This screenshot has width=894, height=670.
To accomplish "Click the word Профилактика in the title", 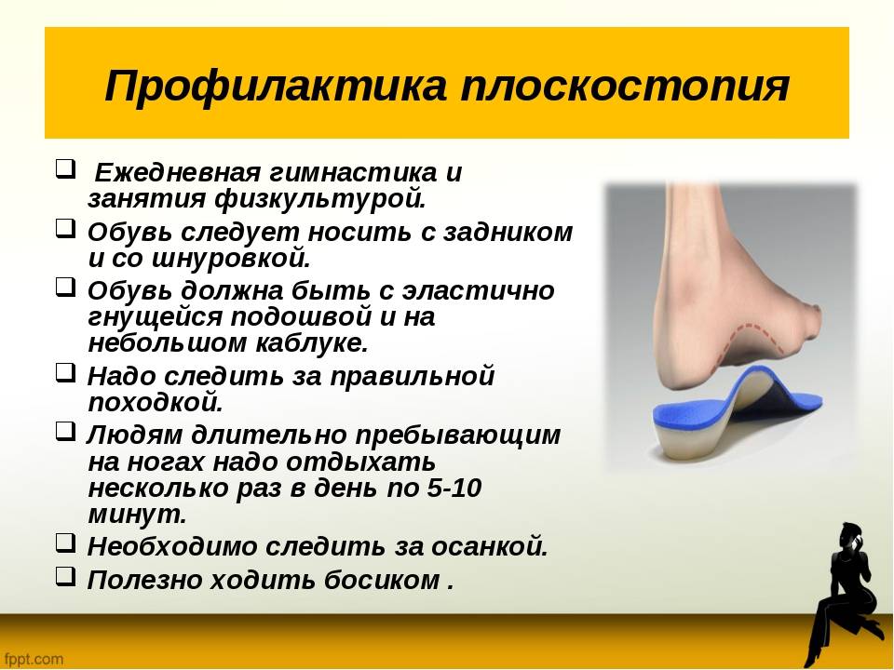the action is [276, 86].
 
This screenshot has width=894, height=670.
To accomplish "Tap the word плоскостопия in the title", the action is [625, 86].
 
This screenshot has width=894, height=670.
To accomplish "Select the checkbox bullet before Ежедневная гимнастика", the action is [65, 169].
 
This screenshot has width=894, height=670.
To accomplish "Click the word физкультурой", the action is [321, 198].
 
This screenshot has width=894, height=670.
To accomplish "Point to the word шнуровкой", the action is [232, 258].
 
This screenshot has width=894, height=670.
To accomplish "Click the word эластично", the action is [479, 290].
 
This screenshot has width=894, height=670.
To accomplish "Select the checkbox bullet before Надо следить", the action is [65, 372].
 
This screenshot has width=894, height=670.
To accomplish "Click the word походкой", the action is [156, 402].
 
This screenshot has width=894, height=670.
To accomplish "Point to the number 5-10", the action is [451, 488].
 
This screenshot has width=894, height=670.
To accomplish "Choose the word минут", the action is [138, 515].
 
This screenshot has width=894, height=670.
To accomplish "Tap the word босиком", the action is [382, 580].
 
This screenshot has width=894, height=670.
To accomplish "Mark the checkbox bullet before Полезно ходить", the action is [65, 577].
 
